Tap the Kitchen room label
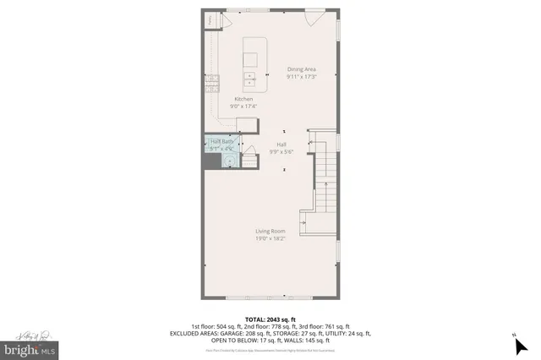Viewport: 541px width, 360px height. click(243, 99)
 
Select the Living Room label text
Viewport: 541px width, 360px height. click(270, 231)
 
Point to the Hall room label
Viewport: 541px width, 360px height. click(281, 145)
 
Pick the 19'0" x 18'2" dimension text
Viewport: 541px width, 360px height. click(270, 238)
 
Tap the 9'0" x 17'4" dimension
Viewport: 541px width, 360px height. click(243, 106)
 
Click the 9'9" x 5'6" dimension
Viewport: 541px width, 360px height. click(281, 152)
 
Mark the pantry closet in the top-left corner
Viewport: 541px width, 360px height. click(210, 21)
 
